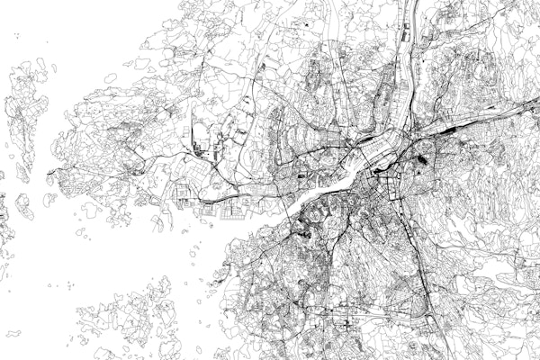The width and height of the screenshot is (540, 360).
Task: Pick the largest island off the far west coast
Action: [x=25, y=112]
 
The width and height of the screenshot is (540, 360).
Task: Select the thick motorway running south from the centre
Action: [x=423, y=270]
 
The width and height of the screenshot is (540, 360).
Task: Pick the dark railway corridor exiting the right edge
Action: [x=522, y=108]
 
